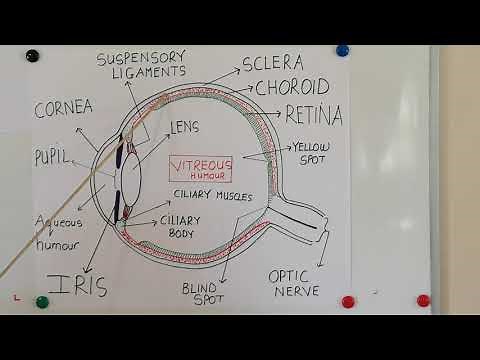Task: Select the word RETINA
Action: pos(313,114)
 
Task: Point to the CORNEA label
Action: pos(64,109)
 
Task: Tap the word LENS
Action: pos(185,127)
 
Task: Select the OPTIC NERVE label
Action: pos(295,282)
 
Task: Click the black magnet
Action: pos(33,55)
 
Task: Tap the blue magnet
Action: pos(342,49)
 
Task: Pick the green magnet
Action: pos(42,300)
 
